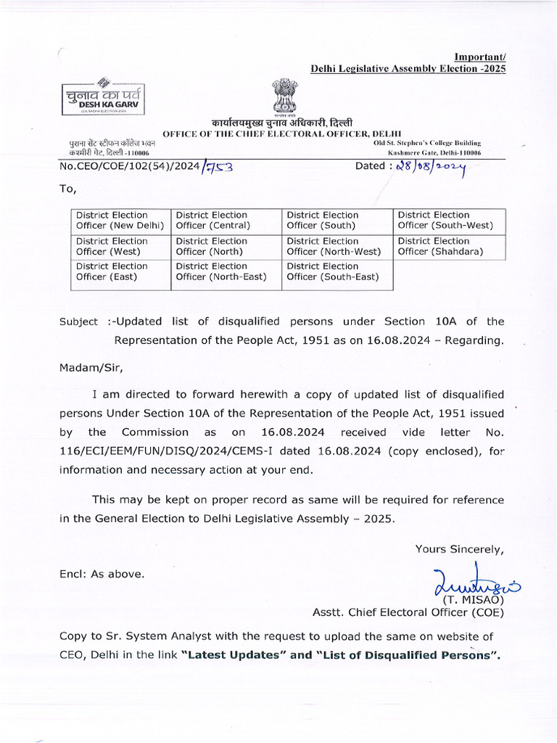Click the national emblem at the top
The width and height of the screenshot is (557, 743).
coord(284,96)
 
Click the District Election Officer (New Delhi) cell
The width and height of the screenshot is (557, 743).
coord(120,221)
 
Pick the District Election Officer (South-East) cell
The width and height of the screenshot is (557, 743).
coord(337,272)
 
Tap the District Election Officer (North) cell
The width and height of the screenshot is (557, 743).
coord(226,247)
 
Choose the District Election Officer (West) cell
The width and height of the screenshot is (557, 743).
coord(120,247)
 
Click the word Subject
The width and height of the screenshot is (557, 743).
coord(78,321)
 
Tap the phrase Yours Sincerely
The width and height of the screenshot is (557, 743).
coord(459,549)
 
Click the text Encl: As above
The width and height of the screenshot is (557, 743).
coord(102,574)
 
